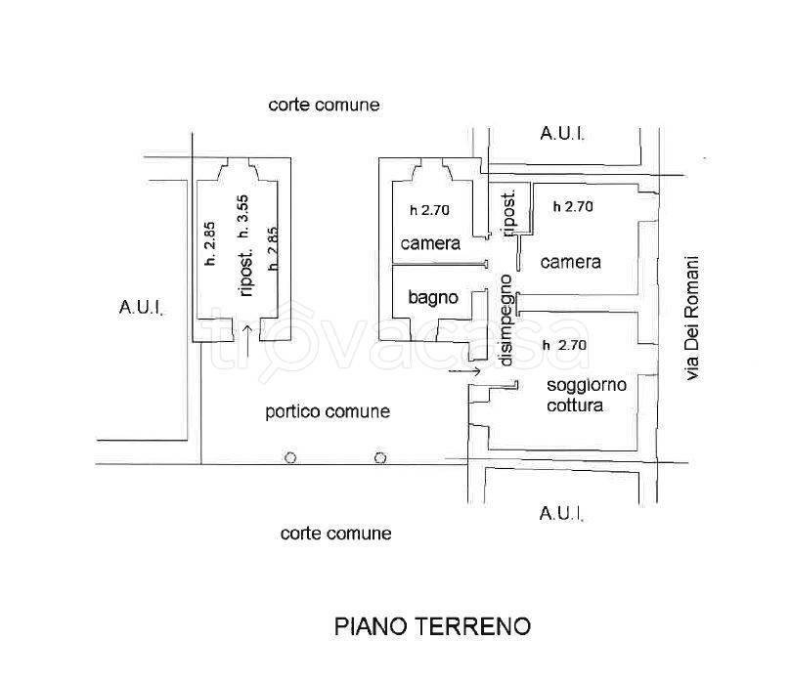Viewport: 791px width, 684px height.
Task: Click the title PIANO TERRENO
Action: click(x=432, y=625)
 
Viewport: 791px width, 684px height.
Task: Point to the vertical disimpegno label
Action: click(x=506, y=320)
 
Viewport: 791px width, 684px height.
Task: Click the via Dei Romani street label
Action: click(x=693, y=318)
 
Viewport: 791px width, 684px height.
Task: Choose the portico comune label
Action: click(x=328, y=412)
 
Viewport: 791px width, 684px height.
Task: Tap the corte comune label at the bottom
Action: click(x=335, y=534)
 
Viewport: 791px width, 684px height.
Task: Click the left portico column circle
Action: click(x=290, y=457)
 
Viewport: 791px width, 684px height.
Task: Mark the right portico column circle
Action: click(x=380, y=457)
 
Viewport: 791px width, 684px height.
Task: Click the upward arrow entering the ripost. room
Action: click(x=245, y=338)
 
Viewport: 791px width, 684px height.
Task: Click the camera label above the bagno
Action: click(x=429, y=244)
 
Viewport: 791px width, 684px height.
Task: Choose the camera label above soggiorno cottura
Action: click(x=569, y=262)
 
